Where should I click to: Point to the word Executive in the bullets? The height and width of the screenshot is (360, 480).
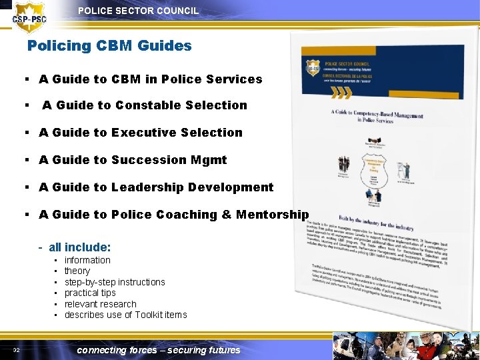[141, 133]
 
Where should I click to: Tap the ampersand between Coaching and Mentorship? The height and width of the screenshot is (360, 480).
[225, 215]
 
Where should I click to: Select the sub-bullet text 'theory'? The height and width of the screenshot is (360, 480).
[77, 271]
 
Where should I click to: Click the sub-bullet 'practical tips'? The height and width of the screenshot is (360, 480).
[90, 293]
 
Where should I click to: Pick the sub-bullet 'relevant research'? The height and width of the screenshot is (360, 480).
[100, 304]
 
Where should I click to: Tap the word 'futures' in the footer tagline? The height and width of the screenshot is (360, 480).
[224, 350]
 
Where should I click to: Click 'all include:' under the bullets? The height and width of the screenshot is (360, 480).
[79, 247]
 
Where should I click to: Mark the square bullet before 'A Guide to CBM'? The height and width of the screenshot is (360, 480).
[24, 79]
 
